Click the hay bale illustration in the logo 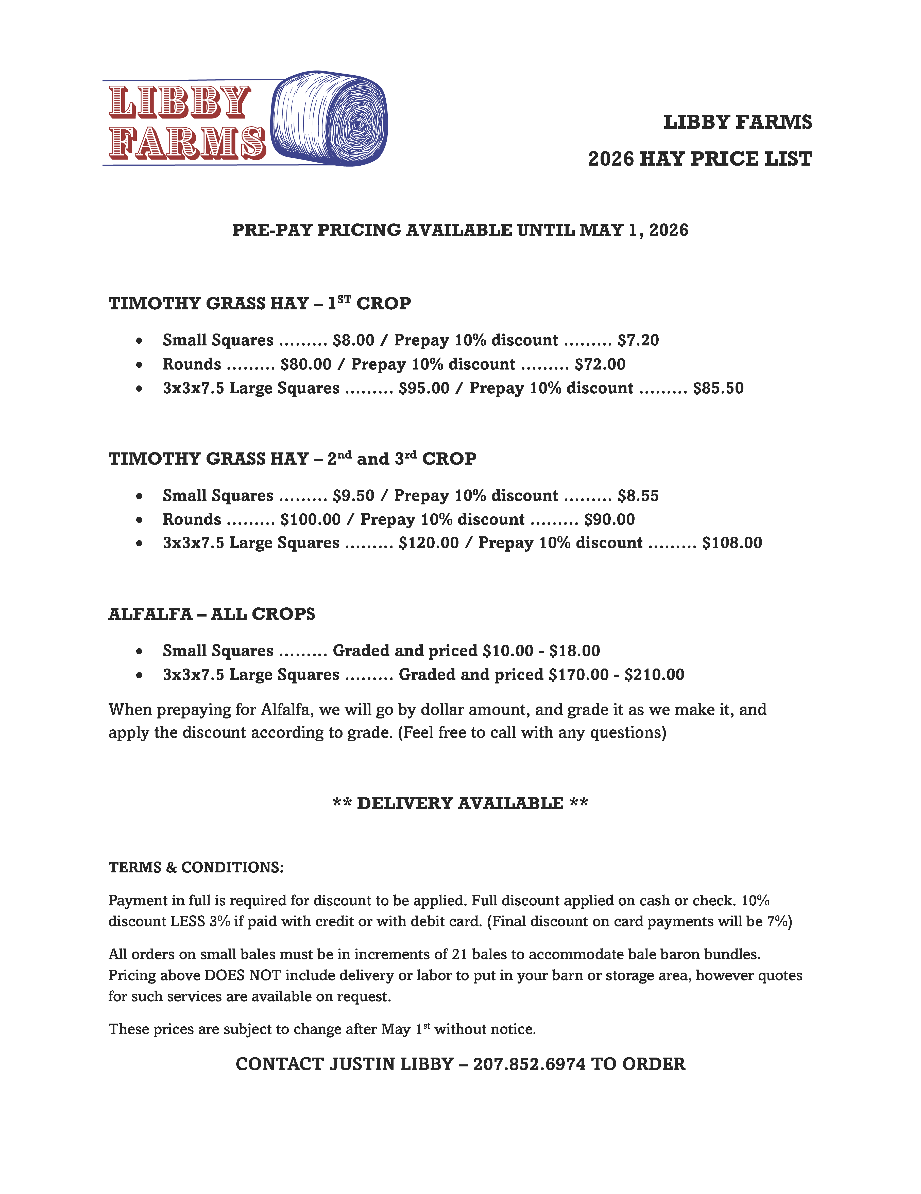tap(330, 118)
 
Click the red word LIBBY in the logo tap(179, 102)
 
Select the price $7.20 tap(638, 340)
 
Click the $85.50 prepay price tap(718, 388)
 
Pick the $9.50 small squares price tap(353, 495)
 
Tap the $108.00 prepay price tap(732, 543)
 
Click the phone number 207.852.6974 tap(529, 1064)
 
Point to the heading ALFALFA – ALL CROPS tap(212, 614)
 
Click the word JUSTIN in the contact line tap(362, 1064)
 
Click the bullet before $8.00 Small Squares tap(140, 341)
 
